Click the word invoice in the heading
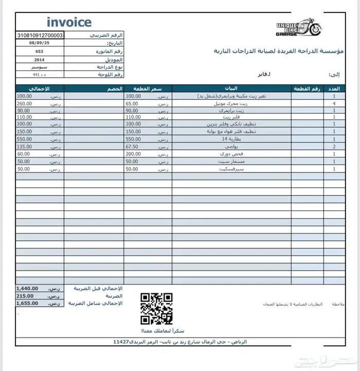click(69, 22)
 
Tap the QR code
click(156, 308)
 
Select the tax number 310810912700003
click(40, 36)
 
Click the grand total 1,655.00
click(27, 304)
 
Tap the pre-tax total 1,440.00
click(27, 289)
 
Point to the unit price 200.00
click(133, 154)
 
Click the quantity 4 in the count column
click(335, 103)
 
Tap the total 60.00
click(23, 154)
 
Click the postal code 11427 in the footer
click(121, 342)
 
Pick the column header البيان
click(231, 89)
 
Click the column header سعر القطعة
click(148, 89)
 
